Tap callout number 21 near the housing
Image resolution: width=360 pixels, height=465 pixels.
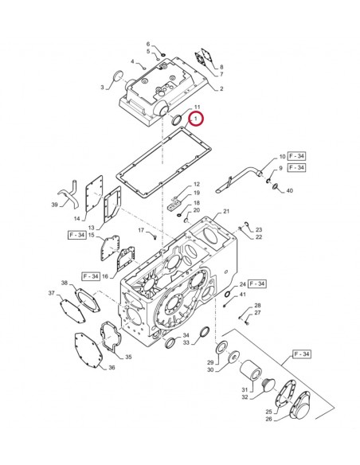click(x=226, y=211)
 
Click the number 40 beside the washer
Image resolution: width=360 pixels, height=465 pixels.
click(x=289, y=191)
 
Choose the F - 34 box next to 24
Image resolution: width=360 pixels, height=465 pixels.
click(x=257, y=283)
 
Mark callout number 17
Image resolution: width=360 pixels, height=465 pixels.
click(x=140, y=230)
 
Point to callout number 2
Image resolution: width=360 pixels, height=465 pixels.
click(x=221, y=88)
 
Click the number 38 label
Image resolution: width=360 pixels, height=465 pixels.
click(x=65, y=283)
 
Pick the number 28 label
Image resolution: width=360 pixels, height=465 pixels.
click(x=257, y=306)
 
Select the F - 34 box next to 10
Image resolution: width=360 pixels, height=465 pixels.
click(x=296, y=156)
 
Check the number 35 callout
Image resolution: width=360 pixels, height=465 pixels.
click(x=128, y=358)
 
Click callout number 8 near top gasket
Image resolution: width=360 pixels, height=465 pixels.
click(x=221, y=67)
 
